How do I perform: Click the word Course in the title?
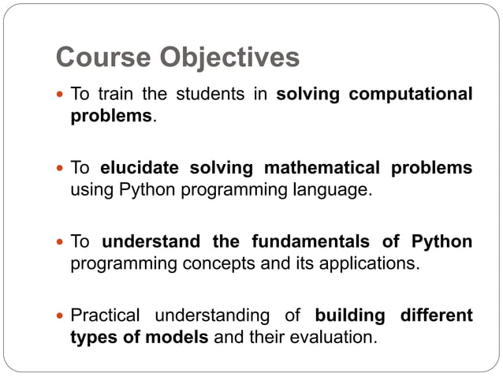click(106, 58)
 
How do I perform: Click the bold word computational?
click(411, 95)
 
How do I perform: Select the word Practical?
click(105, 315)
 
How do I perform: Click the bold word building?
click(349, 315)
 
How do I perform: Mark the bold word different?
click(436, 315)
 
